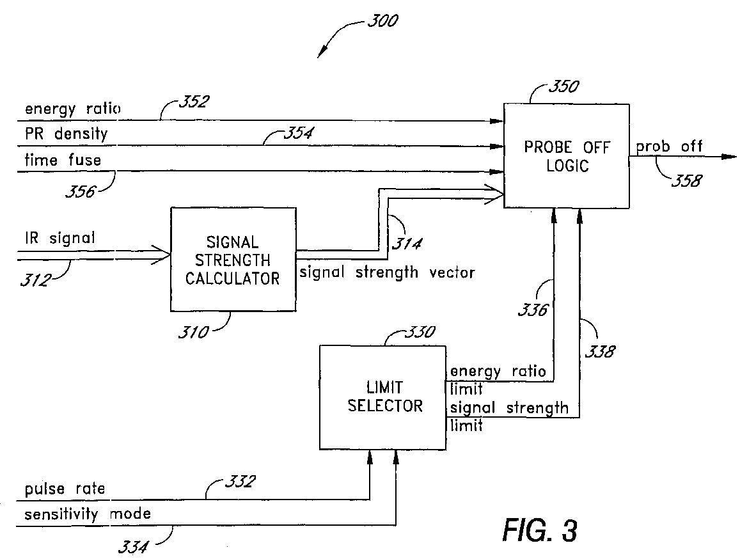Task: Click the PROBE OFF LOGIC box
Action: click(566, 156)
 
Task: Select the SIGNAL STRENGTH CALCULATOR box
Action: click(233, 259)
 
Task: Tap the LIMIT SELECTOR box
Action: click(382, 397)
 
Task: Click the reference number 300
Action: click(382, 20)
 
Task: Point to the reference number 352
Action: click(194, 102)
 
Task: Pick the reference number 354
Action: click(298, 132)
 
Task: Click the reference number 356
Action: click(80, 191)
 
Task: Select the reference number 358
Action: click(687, 180)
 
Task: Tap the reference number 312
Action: click(36, 280)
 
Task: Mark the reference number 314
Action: click(407, 243)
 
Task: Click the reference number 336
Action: click(533, 310)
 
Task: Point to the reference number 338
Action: click(600, 351)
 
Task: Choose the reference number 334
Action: click(132, 547)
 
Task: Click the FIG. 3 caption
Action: click(540, 529)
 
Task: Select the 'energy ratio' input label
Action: click(73, 109)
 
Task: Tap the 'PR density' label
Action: click(66, 134)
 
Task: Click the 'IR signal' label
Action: click(60, 238)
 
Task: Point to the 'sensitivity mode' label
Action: click(88, 514)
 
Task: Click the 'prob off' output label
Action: click(669, 147)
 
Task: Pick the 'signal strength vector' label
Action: click(387, 272)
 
